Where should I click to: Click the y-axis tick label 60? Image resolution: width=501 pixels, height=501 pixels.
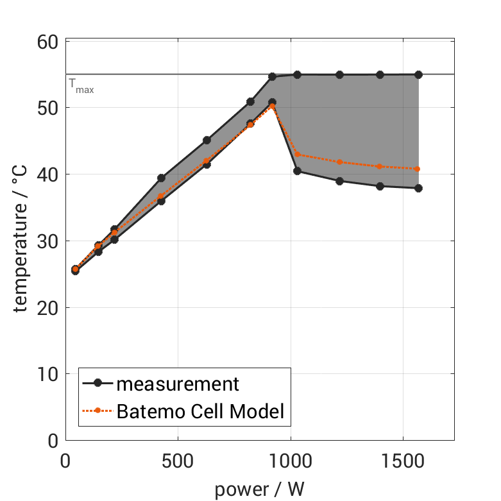pyautogui.click(x=47, y=42)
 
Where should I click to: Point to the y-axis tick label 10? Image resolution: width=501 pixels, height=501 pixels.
pyautogui.click(x=47, y=374)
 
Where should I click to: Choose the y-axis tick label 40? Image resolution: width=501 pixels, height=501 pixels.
pyautogui.click(x=47, y=175)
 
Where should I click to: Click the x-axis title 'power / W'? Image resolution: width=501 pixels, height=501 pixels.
pyautogui.click(x=260, y=489)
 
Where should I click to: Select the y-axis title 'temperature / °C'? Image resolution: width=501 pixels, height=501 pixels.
pyautogui.click(x=21, y=241)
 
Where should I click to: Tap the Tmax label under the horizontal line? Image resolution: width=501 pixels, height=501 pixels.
pyautogui.click(x=81, y=85)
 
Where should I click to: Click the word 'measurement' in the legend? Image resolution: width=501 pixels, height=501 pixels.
pyautogui.click(x=177, y=384)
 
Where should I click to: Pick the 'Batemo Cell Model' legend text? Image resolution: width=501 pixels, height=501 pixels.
pyautogui.click(x=200, y=411)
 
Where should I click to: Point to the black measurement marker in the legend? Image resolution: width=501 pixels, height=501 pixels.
pyautogui.click(x=98, y=384)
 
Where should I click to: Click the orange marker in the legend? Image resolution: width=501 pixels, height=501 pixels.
pyautogui.click(x=98, y=411)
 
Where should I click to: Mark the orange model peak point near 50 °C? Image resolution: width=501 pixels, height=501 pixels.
pyautogui.click(x=272, y=106)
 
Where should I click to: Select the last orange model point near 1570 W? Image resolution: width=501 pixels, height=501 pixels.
pyautogui.click(x=418, y=169)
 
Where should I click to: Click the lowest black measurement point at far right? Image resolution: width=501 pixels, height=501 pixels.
pyautogui.click(x=418, y=188)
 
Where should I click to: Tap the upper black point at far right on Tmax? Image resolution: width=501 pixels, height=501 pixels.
pyautogui.click(x=418, y=74)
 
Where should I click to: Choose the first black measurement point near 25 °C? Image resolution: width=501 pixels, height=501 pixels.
pyautogui.click(x=75, y=270)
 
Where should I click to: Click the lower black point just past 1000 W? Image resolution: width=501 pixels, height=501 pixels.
pyautogui.click(x=297, y=171)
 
